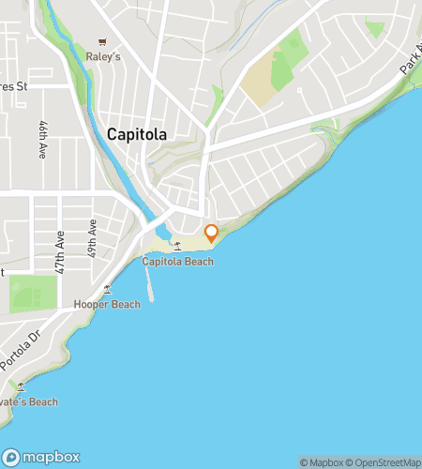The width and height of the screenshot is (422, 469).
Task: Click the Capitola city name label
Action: (x=137, y=134)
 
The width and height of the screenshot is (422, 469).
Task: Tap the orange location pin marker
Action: (x=212, y=233)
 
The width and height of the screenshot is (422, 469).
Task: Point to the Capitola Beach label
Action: (x=177, y=262)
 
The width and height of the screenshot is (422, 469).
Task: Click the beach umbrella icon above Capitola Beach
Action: (x=177, y=247)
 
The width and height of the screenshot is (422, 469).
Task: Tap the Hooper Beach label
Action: (x=107, y=304)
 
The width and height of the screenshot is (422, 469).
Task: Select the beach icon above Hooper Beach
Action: (x=108, y=289)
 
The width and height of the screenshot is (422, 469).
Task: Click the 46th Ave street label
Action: (x=43, y=139)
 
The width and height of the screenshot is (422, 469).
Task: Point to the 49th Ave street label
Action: (x=92, y=239)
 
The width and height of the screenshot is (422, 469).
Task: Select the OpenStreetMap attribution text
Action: (x=385, y=461)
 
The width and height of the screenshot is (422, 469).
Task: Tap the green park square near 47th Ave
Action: (x=34, y=295)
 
